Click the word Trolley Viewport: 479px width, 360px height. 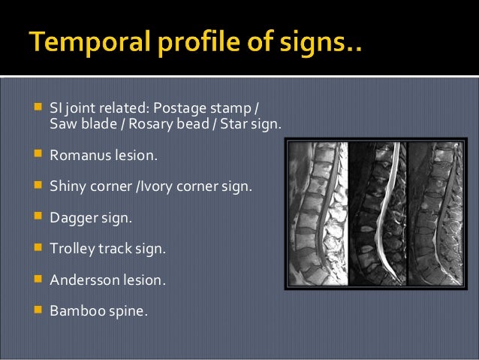coord(71,247)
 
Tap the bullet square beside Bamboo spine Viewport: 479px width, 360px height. coord(36,308)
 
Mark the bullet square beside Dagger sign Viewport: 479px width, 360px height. coord(36,216)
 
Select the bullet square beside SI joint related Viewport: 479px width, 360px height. coord(36,107)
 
